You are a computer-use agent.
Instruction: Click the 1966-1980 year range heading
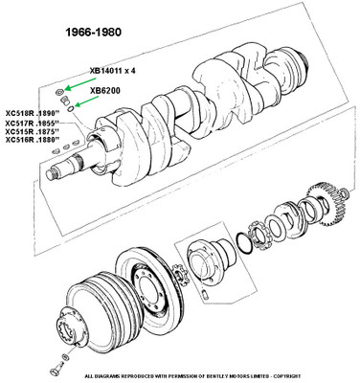94,33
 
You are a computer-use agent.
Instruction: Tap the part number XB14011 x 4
112,71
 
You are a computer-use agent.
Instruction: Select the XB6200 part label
105,91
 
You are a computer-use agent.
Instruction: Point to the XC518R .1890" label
33,113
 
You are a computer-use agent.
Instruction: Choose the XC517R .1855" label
33,124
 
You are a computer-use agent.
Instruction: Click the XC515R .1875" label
33,131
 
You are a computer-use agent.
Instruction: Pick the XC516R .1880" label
33,140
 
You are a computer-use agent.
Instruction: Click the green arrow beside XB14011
80,83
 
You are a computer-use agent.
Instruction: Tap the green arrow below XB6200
87,101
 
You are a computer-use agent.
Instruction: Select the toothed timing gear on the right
324,204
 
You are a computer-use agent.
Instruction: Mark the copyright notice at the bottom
192,376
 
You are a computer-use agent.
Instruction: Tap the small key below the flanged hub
206,294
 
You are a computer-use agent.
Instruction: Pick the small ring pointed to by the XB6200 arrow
71,108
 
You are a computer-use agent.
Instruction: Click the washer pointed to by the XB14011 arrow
59,93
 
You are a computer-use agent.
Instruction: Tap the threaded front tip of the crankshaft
51,174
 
